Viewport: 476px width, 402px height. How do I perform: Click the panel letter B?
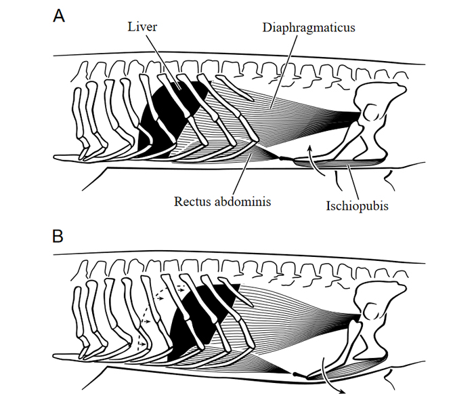[59, 236]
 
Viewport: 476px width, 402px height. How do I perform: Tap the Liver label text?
[142, 26]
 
